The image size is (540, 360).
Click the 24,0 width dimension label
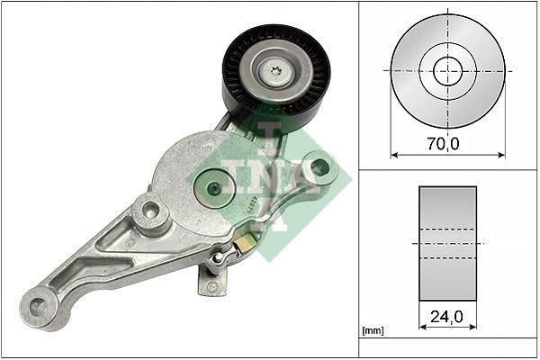point(447,317)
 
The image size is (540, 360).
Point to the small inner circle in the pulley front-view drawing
point(447,70)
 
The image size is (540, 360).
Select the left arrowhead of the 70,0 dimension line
point(394,153)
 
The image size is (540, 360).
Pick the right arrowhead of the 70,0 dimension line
point(501,153)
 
